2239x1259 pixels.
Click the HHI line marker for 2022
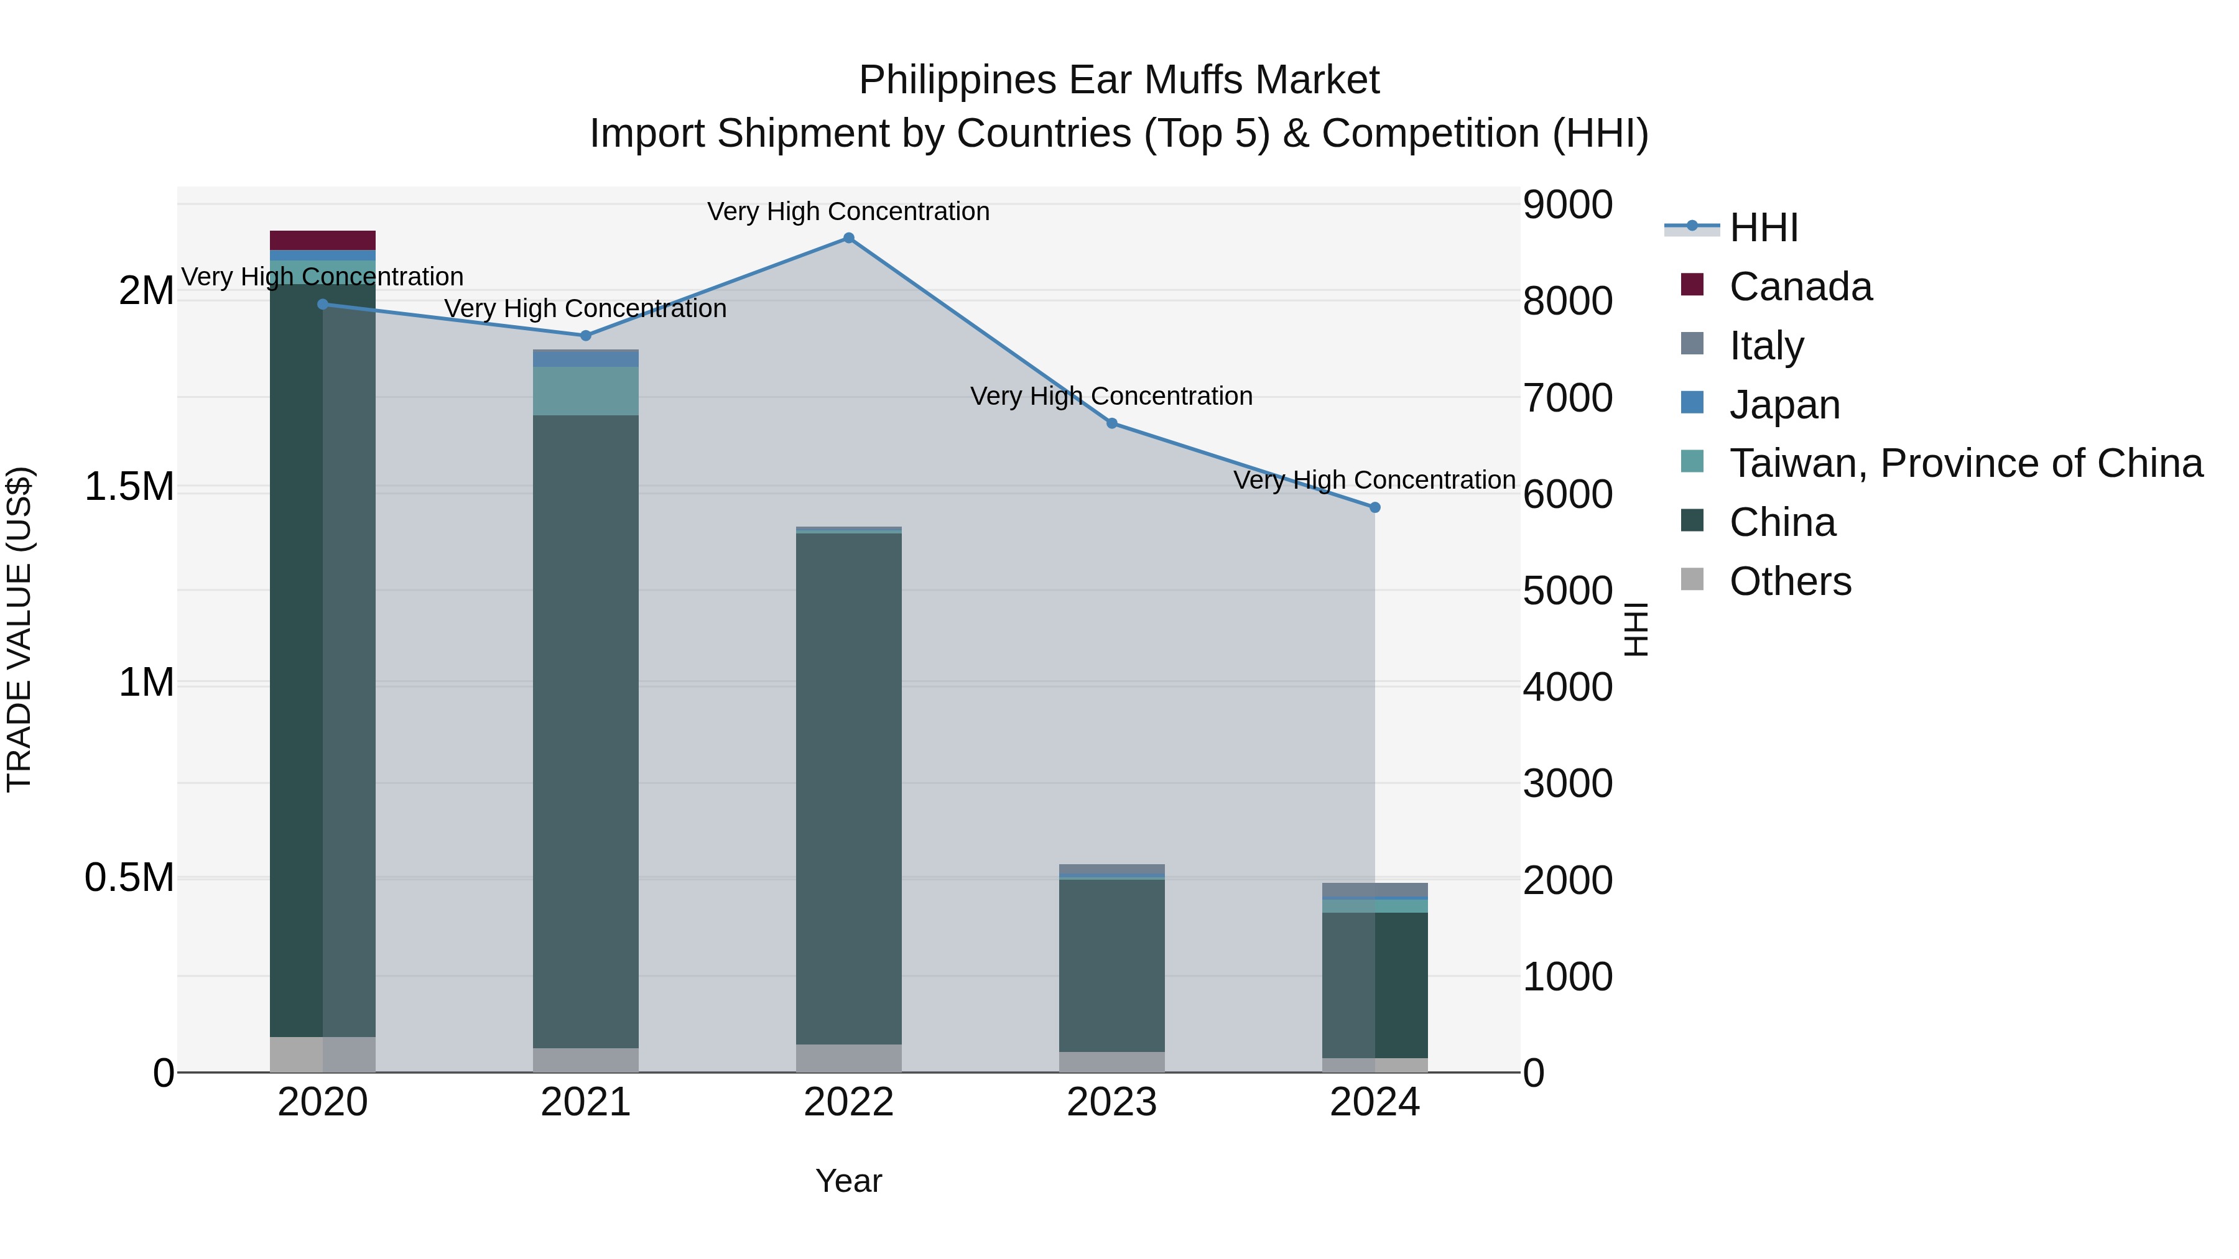pyautogui.click(x=848, y=238)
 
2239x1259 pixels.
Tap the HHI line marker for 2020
pyautogui.click(x=322, y=304)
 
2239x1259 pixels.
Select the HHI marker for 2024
pyautogui.click(x=1374, y=507)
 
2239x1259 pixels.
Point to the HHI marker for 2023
pyautogui.click(x=1111, y=423)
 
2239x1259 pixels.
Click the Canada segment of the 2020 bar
pyautogui.click(x=322, y=241)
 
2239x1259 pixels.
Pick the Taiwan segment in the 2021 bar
pyautogui.click(x=585, y=391)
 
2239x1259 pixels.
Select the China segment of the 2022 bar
pyautogui.click(x=848, y=782)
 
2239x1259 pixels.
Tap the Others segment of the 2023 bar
pyautogui.click(x=1111, y=1062)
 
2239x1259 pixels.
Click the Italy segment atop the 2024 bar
pyautogui.click(x=1374, y=889)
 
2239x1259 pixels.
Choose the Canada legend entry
pyautogui.click(x=1799, y=287)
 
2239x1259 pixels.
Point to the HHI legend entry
pyautogui.click(x=1763, y=228)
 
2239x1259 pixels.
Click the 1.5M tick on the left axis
pyautogui.click(x=129, y=487)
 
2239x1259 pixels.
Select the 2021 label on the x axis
pyautogui.click(x=585, y=1102)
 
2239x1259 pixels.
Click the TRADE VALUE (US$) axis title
pyautogui.click(x=19, y=629)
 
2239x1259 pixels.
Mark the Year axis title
pyautogui.click(x=848, y=1181)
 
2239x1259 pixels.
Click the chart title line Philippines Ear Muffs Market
pyautogui.click(x=1119, y=80)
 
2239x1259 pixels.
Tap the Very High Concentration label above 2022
pyautogui.click(x=848, y=211)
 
